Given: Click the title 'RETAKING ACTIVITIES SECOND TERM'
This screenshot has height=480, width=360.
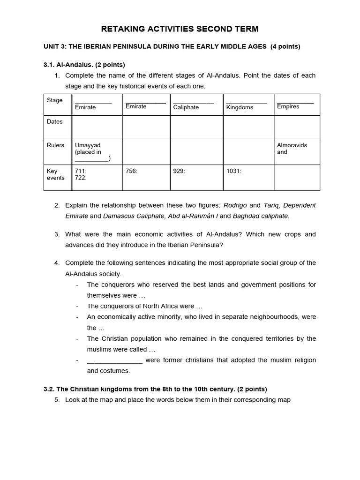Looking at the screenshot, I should pyautogui.click(x=180, y=29).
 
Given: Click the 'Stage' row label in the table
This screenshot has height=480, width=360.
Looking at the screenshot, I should pyautogui.click(x=54, y=100).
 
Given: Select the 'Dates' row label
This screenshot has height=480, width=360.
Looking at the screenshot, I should pyautogui.click(x=54, y=121).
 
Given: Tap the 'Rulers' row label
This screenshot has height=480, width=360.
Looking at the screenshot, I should pyautogui.click(x=55, y=145).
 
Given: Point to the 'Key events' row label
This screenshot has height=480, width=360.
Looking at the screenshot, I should pyautogui.click(x=55, y=174).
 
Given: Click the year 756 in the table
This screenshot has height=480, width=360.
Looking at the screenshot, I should pyautogui.click(x=131, y=171).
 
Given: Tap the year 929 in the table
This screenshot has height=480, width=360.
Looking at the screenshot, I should pyautogui.click(x=179, y=171).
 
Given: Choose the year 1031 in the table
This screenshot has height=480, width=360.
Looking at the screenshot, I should pyautogui.click(x=233, y=171).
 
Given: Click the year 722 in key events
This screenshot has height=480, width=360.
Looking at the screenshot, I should pyautogui.click(x=81, y=178).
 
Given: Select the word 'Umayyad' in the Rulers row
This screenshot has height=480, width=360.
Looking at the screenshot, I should pyautogui.click(x=88, y=145).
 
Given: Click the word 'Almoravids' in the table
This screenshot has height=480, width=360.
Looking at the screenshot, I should pyautogui.click(x=292, y=145).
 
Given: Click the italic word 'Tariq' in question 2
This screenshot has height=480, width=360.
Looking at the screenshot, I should pyautogui.click(x=271, y=205).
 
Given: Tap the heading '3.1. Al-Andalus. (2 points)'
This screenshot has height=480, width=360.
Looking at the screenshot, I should pyautogui.click(x=84, y=64).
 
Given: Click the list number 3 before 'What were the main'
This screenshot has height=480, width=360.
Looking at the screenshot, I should pyautogui.click(x=57, y=234).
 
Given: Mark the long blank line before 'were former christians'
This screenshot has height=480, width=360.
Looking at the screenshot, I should pyautogui.click(x=114, y=360).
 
